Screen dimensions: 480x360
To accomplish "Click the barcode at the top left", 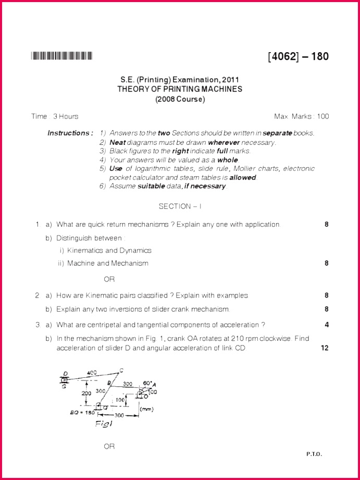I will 61,56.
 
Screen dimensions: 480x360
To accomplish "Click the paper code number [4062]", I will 283,56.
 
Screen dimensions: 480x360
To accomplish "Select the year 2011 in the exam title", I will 230,80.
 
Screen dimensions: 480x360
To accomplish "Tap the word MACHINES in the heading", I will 222,89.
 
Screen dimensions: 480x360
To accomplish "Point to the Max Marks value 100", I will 322,116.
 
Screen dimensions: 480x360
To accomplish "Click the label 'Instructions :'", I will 70,133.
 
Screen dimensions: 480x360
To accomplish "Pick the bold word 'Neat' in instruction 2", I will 118,142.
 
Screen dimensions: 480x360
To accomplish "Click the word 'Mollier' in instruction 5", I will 246,168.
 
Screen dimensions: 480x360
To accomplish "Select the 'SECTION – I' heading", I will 180,206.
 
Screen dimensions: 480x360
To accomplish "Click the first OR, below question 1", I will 109,279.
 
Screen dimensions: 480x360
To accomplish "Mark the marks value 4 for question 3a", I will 327,325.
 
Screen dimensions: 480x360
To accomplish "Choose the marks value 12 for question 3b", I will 325,348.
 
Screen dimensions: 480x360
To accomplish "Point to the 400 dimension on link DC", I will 92,373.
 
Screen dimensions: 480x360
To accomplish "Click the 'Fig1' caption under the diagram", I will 103,424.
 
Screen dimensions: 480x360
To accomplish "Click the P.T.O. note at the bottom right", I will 314,454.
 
